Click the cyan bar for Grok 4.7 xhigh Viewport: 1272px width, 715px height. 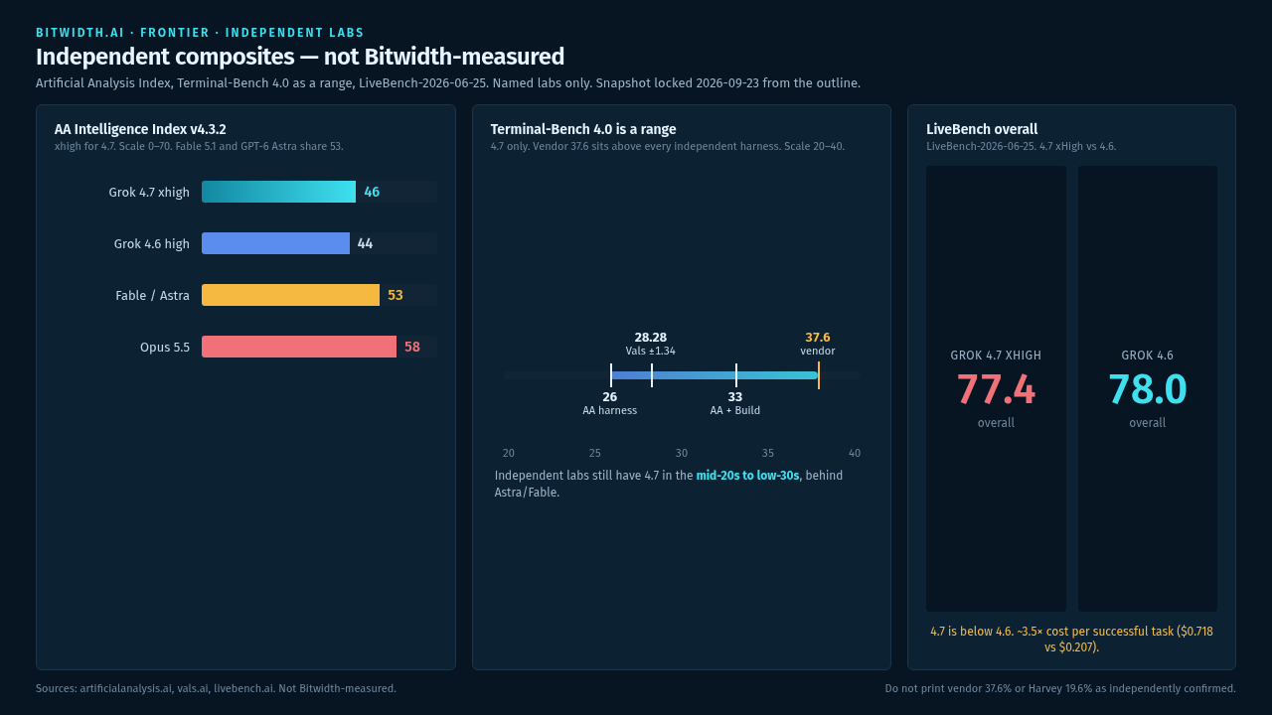pyautogui.click(x=278, y=192)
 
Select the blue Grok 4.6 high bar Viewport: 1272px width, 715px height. pyautogui.click(x=275, y=243)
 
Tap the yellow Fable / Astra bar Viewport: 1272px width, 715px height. pyautogui.click(x=290, y=295)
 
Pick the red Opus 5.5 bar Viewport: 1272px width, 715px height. pyautogui.click(x=299, y=347)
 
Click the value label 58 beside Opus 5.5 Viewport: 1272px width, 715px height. pyautogui.click(x=412, y=347)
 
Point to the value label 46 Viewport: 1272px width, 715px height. pyautogui.click(x=372, y=192)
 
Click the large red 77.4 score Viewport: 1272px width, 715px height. pyautogui.click(x=996, y=389)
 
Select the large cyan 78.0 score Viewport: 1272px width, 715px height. pyautogui.click(x=1147, y=389)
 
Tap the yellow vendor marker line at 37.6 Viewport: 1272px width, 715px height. pyautogui.click(x=818, y=375)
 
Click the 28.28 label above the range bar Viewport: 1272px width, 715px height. pyautogui.click(x=650, y=338)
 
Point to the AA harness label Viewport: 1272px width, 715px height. pyautogui.click(x=609, y=410)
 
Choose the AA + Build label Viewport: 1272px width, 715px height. pyautogui.click(x=734, y=410)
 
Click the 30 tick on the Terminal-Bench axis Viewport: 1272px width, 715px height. pyautogui.click(x=682, y=453)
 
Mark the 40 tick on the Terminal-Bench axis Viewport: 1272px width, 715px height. pyautogui.click(x=854, y=453)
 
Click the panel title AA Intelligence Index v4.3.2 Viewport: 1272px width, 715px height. pyautogui.click(x=140, y=129)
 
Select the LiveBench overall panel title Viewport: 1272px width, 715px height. pyautogui.click(x=982, y=129)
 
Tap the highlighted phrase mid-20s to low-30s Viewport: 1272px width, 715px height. pyautogui.click(x=747, y=476)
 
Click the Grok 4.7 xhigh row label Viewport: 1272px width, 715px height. pyautogui.click(x=149, y=193)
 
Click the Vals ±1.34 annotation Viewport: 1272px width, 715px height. pyautogui.click(x=650, y=351)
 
